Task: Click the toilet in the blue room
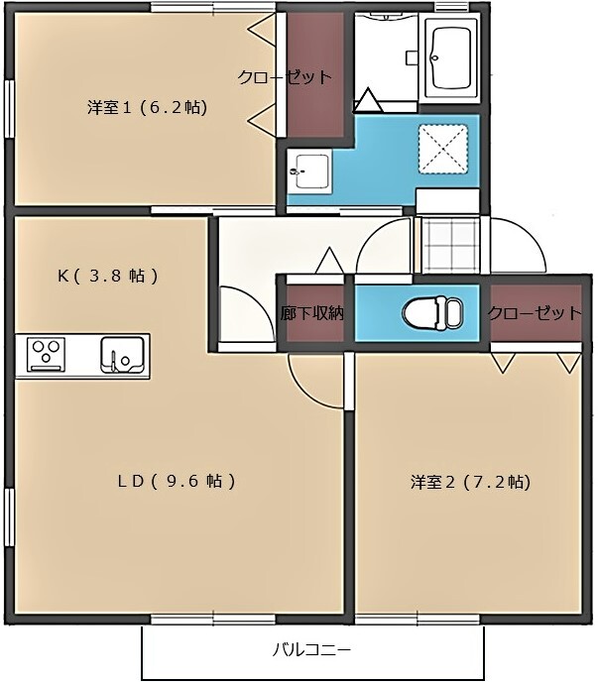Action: click(x=432, y=313)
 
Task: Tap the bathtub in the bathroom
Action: click(x=452, y=57)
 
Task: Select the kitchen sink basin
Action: click(x=123, y=355)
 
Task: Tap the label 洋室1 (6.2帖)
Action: click(x=147, y=107)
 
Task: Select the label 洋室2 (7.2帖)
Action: click(x=470, y=483)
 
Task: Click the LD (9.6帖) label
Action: click(x=176, y=482)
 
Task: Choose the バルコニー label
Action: click(x=312, y=651)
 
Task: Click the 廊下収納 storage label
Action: click(x=311, y=314)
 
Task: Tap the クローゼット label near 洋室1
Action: click(x=285, y=77)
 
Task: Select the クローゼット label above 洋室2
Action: click(x=534, y=313)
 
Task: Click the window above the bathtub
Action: click(x=452, y=7)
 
